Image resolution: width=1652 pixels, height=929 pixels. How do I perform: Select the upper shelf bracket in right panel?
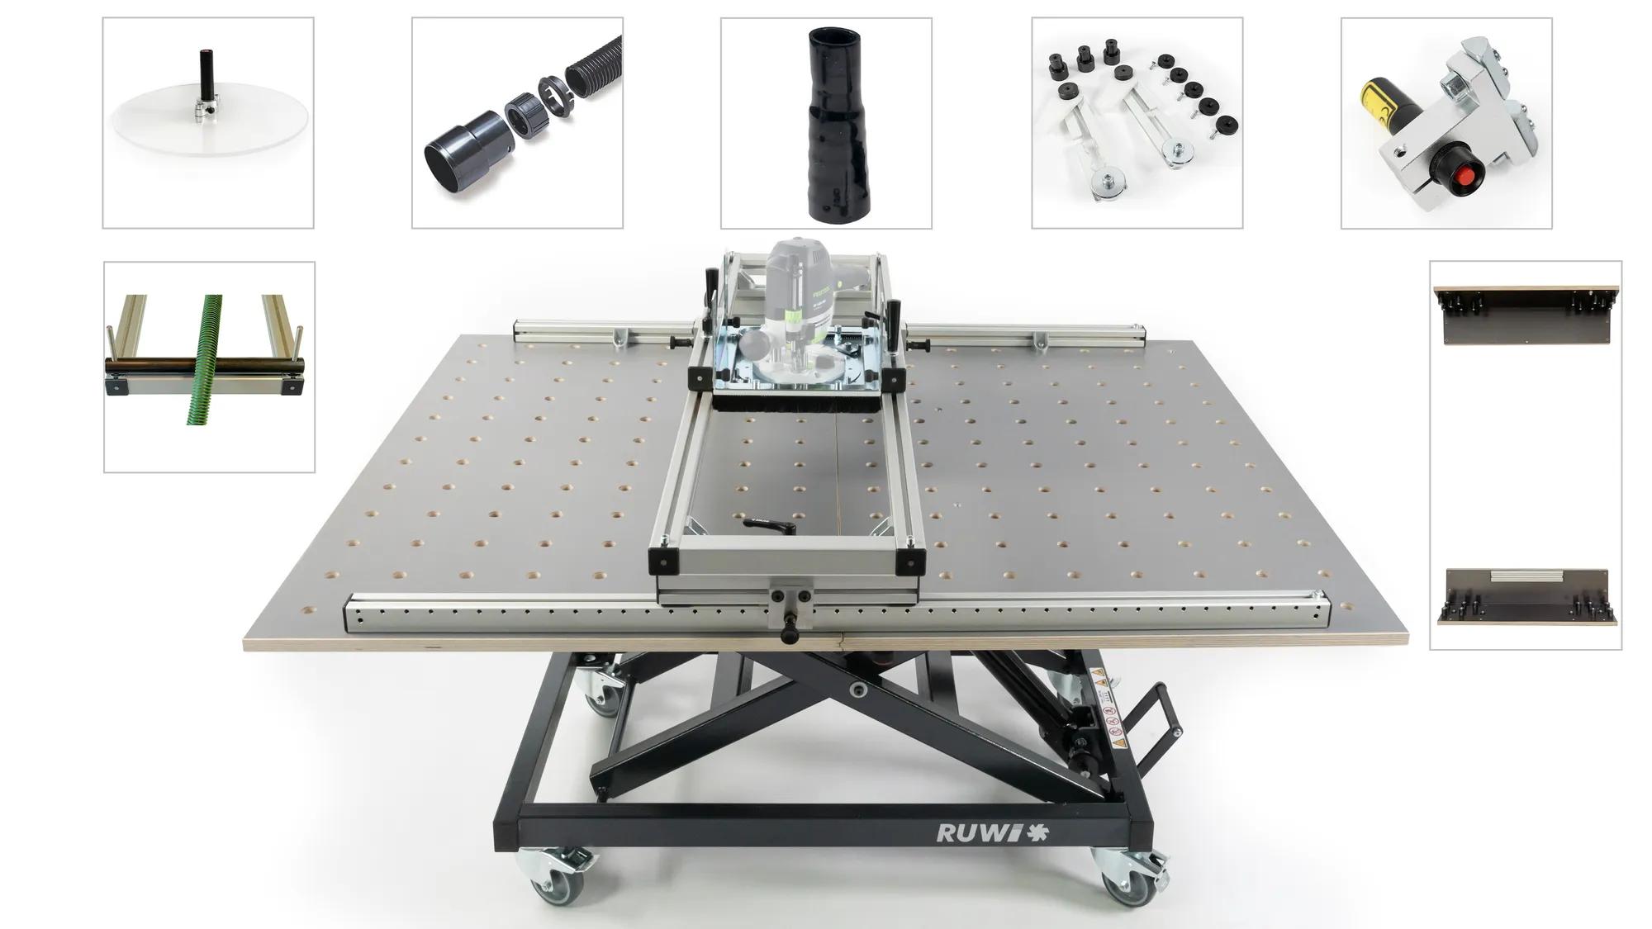pos(1526,314)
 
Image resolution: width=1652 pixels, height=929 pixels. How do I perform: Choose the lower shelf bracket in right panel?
pos(1525,596)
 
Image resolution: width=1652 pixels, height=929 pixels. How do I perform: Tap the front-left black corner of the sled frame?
pos(664,562)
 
